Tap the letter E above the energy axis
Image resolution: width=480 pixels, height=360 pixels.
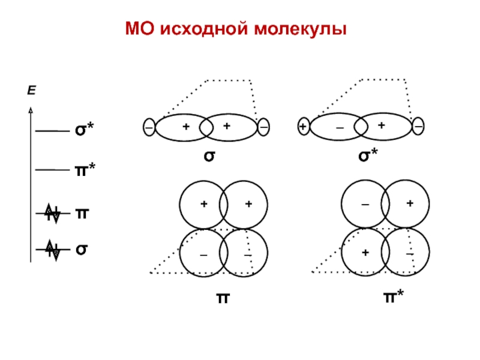click(31, 91)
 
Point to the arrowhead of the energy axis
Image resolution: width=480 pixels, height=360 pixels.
click(31, 110)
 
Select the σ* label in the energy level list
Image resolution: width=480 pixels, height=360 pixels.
click(85, 130)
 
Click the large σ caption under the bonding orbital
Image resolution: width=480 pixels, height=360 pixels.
click(209, 156)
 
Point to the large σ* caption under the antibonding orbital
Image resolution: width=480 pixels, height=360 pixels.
click(367, 156)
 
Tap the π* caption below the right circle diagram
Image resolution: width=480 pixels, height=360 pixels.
click(394, 297)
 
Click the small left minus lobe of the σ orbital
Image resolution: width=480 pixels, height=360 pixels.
click(148, 127)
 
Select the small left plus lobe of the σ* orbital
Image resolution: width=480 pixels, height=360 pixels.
click(304, 127)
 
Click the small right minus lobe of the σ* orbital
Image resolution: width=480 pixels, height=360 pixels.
click(418, 127)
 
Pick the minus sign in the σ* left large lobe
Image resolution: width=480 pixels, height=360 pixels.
click(340, 128)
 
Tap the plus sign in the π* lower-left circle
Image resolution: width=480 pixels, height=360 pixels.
click(365, 253)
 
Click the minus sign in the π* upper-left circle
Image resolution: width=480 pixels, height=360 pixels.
click(365, 205)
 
